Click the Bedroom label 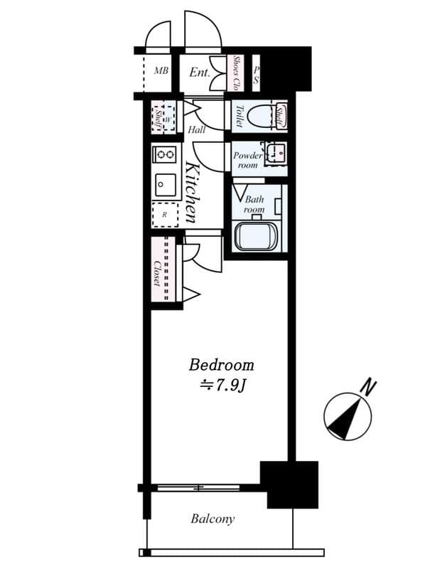221,366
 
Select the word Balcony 212,519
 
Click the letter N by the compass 367,388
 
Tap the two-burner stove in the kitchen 166,154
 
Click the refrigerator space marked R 165,214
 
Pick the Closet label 157,275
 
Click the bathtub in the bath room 257,237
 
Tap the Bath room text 254,204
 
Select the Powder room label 248,160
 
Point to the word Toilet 239,116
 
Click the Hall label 197,130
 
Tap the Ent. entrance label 199,73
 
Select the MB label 161,72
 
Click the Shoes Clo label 236,73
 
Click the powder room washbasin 276,153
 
